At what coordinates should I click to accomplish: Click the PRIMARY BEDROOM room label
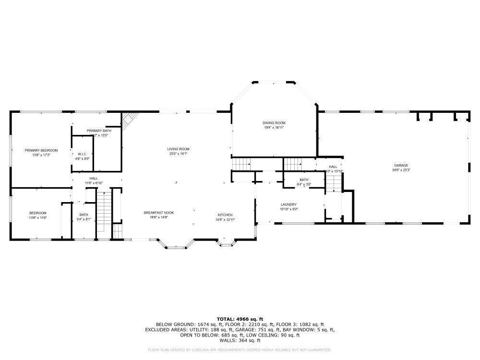point(41,150)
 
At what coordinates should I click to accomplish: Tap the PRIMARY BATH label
point(99,131)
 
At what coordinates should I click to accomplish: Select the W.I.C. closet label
point(82,154)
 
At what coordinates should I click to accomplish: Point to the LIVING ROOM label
point(178,149)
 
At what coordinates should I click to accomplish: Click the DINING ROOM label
point(274,123)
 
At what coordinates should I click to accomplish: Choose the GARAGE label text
point(401,165)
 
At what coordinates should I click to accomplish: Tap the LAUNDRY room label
point(288,204)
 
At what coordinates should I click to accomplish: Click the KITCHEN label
point(225,215)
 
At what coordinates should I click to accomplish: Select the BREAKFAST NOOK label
point(159,213)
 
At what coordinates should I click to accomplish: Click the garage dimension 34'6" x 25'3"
point(401,170)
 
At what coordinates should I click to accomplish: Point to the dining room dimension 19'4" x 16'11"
point(274,128)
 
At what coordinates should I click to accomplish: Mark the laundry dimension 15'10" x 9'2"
point(288,209)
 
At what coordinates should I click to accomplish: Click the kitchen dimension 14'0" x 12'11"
point(225,219)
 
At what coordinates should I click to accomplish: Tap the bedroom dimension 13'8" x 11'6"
point(38,218)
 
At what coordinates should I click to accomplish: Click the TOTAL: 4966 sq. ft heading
point(240,319)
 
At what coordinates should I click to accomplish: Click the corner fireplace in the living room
point(129,120)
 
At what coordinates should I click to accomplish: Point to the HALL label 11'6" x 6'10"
point(94,178)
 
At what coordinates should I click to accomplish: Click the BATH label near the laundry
point(304,180)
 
